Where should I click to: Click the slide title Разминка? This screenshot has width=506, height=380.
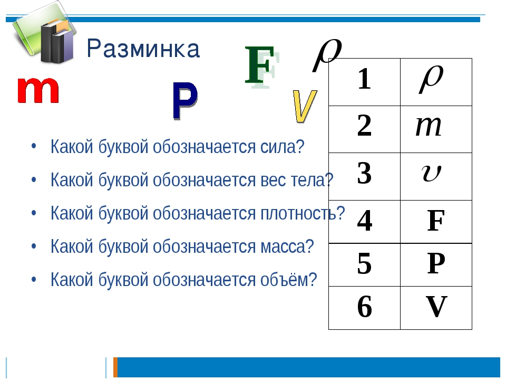point(143,49)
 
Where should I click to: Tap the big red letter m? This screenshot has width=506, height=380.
point(38,90)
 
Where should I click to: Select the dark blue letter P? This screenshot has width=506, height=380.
point(185,101)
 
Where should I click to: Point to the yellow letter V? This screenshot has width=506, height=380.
point(305,106)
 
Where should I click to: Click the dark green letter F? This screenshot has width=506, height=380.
point(260,65)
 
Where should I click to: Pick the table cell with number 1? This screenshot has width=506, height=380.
point(364,82)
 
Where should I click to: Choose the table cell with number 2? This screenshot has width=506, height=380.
point(364,129)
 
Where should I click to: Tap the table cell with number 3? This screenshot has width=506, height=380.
point(364,176)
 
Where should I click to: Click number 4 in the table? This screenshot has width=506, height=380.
point(365,221)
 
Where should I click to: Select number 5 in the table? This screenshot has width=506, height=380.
point(364,264)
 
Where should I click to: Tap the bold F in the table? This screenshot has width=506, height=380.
point(436,221)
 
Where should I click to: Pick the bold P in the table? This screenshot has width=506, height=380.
point(436,264)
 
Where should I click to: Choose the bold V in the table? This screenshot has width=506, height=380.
point(436,307)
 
